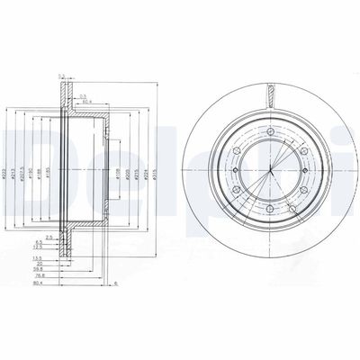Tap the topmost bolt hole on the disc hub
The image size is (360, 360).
[x=269, y=132]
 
